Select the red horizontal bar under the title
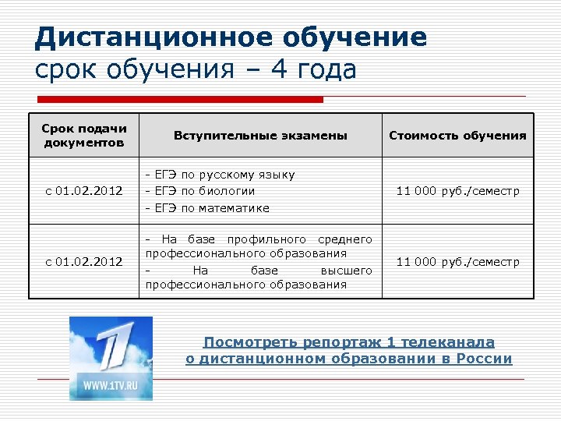(180, 100)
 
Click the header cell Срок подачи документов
(85, 135)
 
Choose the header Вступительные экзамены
(259, 136)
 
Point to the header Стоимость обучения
(457, 136)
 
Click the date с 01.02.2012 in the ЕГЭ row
(85, 191)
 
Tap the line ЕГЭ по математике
(207, 208)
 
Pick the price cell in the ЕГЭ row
(457, 191)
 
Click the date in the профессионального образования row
(85, 262)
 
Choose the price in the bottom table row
(457, 262)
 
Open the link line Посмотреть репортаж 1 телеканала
(348, 342)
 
